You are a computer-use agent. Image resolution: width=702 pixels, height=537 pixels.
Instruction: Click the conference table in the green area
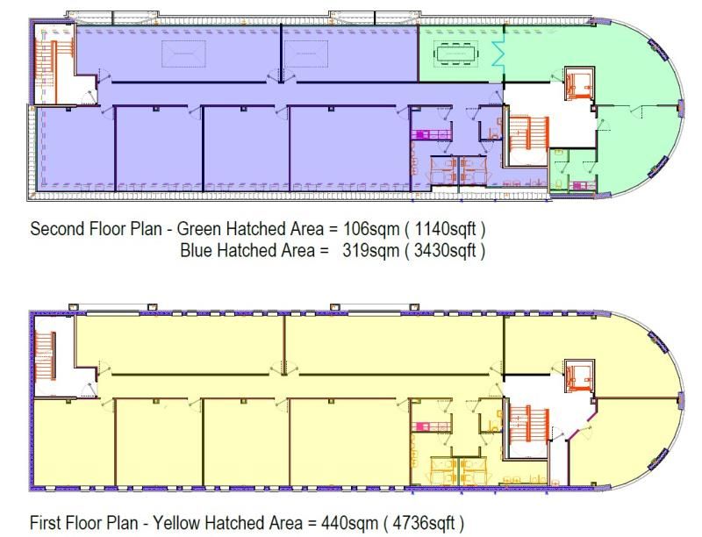click(x=455, y=54)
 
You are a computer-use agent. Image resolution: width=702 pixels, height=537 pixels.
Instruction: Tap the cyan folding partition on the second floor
click(x=498, y=54)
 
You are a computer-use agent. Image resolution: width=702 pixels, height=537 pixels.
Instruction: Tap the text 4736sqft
click(x=424, y=523)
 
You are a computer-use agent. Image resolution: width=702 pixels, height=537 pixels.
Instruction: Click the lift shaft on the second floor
click(x=579, y=82)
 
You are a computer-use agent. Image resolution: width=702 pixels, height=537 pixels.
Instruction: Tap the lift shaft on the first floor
click(x=579, y=376)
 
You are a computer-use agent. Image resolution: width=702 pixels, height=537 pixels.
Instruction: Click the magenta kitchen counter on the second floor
click(x=431, y=135)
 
